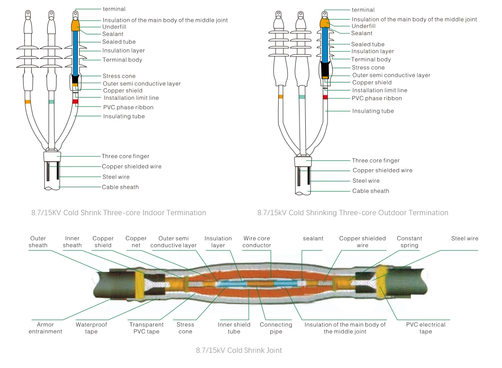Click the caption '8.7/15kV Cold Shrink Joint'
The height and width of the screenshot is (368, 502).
click(239, 350)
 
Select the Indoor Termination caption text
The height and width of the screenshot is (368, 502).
click(118, 213)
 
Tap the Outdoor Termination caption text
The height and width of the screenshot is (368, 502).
click(352, 213)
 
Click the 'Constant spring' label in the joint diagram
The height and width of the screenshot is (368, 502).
click(409, 242)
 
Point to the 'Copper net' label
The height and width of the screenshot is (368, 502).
click(136, 242)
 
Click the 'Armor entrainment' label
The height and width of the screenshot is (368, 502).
click(45, 328)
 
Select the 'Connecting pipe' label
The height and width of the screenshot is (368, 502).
click(276, 328)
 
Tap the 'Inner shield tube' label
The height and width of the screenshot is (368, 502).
click(234, 328)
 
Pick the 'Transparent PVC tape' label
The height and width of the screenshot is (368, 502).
click(146, 328)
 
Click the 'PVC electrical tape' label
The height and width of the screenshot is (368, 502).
click(425, 328)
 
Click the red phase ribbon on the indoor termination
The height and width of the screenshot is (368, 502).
click(75, 102)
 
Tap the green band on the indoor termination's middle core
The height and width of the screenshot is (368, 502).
click(51, 102)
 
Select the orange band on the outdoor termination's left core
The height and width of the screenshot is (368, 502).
click(280, 96)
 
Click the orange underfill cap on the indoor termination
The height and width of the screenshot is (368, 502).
click(75, 24)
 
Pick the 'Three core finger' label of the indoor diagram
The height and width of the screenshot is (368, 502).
click(125, 156)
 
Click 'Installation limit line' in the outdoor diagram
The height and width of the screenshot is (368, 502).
click(380, 90)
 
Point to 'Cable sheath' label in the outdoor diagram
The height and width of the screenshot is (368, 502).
click(371, 191)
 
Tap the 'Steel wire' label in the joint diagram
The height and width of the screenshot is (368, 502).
click(465, 239)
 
